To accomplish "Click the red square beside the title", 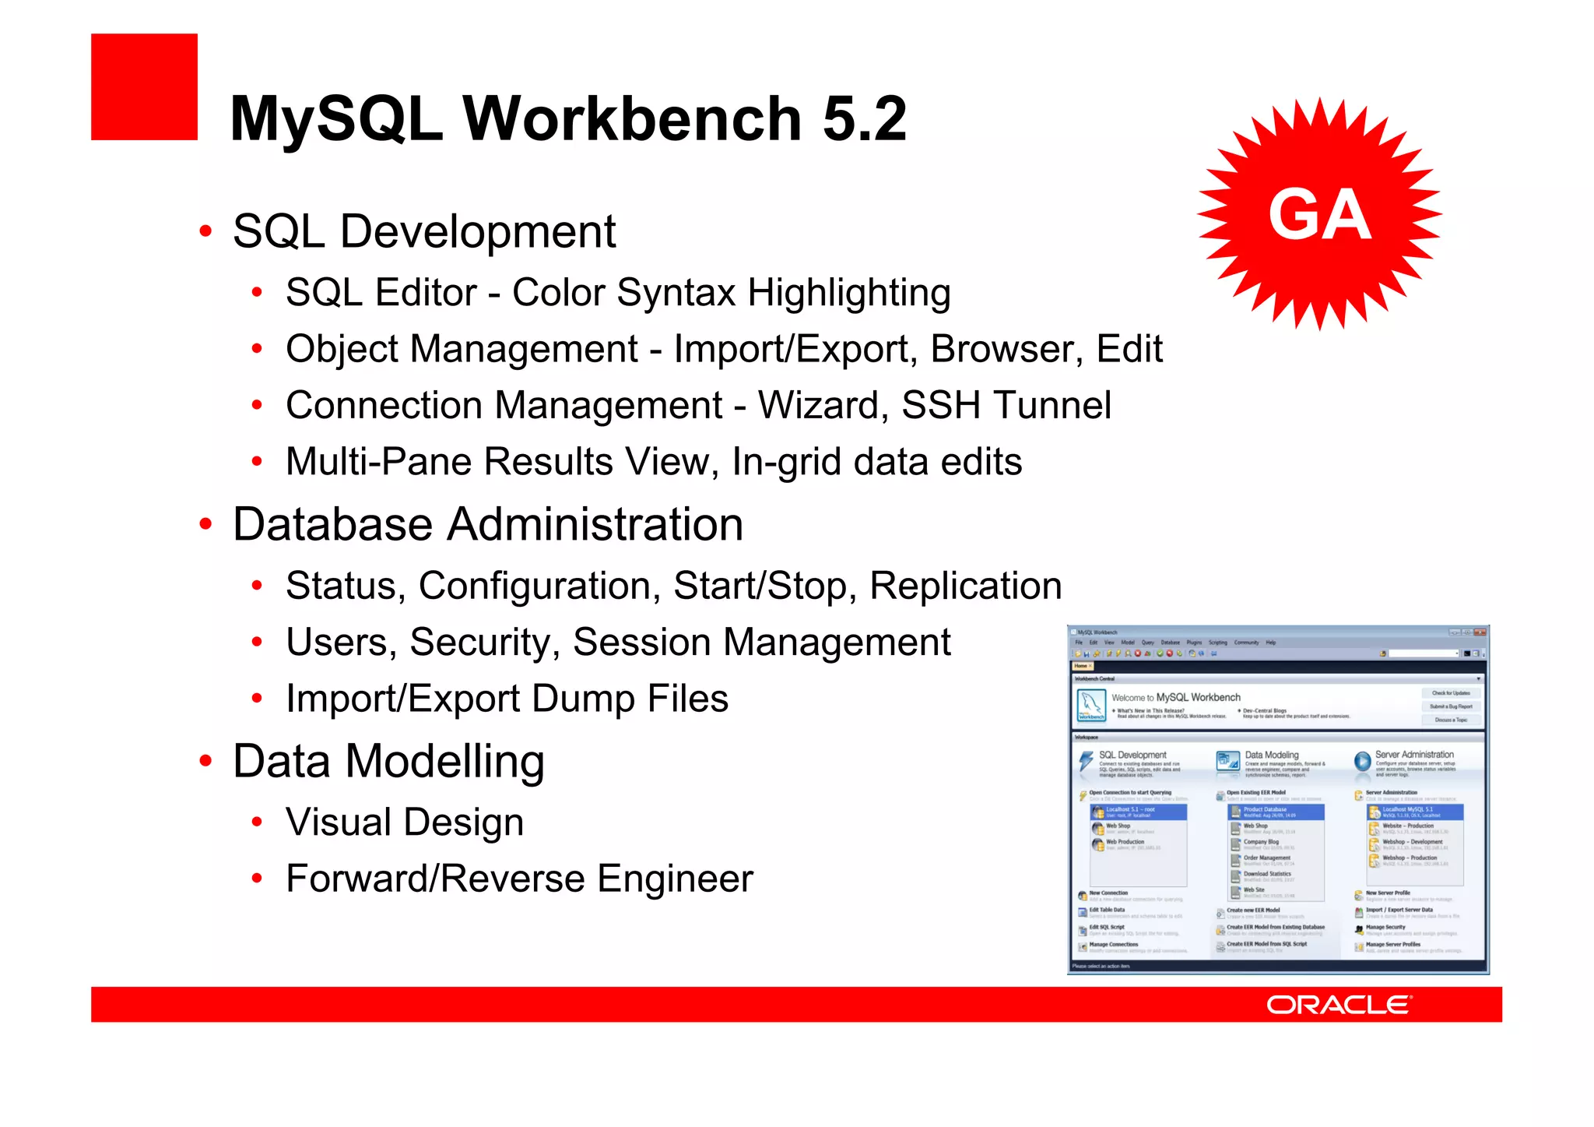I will pos(144,86).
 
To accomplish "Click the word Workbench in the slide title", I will pos(632,119).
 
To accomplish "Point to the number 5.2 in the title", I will pos(864,119).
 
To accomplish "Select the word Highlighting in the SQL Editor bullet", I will pos(849,294).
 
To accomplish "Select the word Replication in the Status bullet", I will pos(965,586).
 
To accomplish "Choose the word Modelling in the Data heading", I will pos(444,761).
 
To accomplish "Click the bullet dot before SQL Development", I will pos(205,231).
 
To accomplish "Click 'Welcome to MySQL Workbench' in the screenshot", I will pos(1175,697).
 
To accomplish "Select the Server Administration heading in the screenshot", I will pos(1413,754).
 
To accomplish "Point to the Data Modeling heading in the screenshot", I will pos(1271,755).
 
